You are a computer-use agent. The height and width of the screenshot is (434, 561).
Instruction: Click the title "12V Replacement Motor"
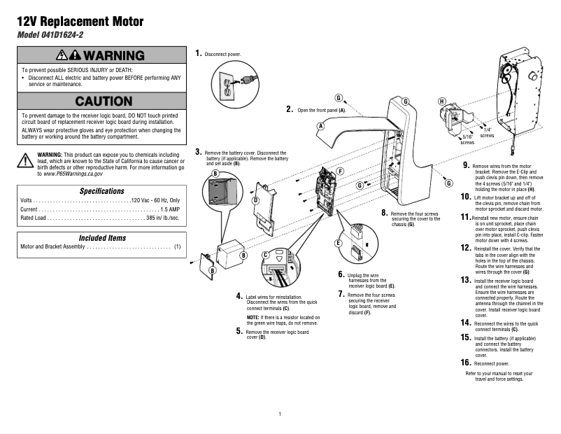point(80,22)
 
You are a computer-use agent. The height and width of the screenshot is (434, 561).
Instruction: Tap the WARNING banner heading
point(102,55)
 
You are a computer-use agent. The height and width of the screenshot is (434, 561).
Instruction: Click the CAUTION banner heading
point(103,101)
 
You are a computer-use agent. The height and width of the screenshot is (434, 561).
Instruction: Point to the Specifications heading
point(102,191)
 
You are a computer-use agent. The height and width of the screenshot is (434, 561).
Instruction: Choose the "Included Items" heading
point(102,238)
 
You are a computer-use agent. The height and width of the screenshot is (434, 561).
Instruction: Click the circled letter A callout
point(320,126)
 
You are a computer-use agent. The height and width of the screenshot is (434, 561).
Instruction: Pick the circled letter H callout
point(441,101)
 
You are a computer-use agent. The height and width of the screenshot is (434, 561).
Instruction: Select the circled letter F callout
point(340,171)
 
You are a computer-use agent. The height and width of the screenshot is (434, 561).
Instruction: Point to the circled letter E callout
point(338,243)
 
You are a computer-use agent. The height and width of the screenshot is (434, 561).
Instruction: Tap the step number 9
point(467,165)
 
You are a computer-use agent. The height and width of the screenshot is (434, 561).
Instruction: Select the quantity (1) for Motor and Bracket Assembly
point(177,247)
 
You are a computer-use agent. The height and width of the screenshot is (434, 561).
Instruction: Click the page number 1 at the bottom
point(280,414)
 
